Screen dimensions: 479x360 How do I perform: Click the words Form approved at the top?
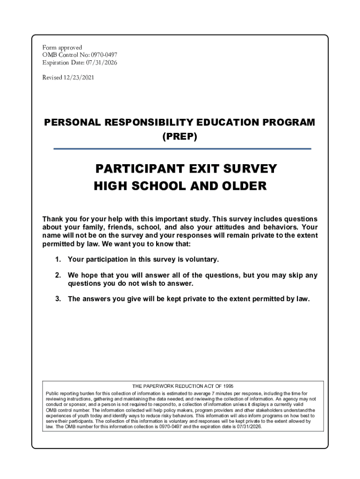(62, 48)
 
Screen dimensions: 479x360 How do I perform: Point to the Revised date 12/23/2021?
(79, 78)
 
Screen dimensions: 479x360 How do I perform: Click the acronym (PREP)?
(180, 137)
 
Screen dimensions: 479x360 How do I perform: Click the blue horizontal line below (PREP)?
(182, 149)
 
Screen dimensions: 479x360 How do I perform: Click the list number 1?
(58, 259)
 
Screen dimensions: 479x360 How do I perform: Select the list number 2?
(58, 276)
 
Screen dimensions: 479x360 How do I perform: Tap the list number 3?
(58, 299)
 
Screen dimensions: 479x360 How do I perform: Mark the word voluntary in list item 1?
(202, 259)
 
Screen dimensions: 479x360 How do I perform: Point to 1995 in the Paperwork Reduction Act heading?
(227, 386)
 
